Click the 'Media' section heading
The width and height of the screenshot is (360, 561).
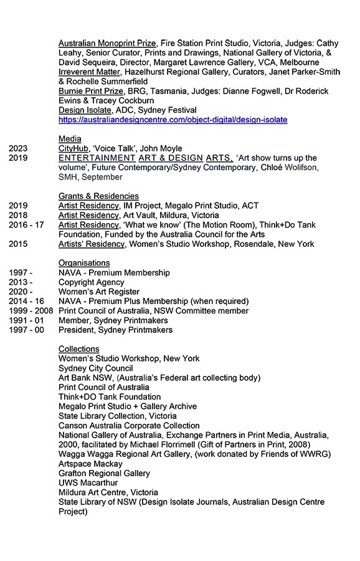[x=70, y=138]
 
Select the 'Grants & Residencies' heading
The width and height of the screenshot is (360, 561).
[x=98, y=196]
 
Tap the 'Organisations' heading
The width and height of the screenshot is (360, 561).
[x=84, y=263]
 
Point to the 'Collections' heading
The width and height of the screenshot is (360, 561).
[x=78, y=349]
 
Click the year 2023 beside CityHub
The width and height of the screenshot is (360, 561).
[x=19, y=148]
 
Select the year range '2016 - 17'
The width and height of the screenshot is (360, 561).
[x=26, y=225]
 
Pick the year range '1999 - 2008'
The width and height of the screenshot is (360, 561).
[x=31, y=311]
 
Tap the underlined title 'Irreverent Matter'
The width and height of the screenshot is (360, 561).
[x=90, y=72]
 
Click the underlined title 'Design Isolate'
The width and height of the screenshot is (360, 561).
[x=85, y=110]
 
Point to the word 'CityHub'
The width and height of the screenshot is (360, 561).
[x=74, y=148]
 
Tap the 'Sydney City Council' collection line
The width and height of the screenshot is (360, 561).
[x=95, y=368]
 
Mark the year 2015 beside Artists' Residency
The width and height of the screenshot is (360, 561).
[x=19, y=244]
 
